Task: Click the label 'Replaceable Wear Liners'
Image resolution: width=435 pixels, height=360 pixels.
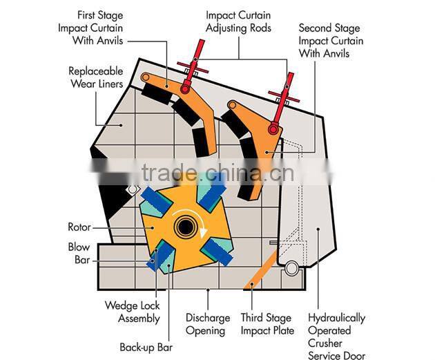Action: click(96, 77)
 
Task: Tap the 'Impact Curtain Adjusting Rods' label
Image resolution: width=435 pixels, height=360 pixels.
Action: click(239, 22)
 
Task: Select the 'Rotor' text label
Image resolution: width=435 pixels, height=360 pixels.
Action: click(79, 227)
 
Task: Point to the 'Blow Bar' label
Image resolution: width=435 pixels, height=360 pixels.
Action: click(79, 254)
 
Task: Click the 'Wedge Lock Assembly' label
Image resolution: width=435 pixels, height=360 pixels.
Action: click(132, 312)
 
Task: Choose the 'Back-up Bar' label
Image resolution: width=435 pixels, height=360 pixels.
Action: click(146, 347)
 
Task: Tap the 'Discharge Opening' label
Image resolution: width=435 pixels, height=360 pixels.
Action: click(208, 324)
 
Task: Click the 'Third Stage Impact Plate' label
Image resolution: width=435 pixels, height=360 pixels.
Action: click(267, 324)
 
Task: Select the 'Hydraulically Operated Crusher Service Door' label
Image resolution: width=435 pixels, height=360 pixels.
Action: click(337, 337)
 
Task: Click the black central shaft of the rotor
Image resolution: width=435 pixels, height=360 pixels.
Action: click(184, 226)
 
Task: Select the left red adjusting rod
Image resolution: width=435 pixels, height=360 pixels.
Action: click(193, 65)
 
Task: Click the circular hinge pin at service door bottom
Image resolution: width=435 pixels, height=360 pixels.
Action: click(291, 267)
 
